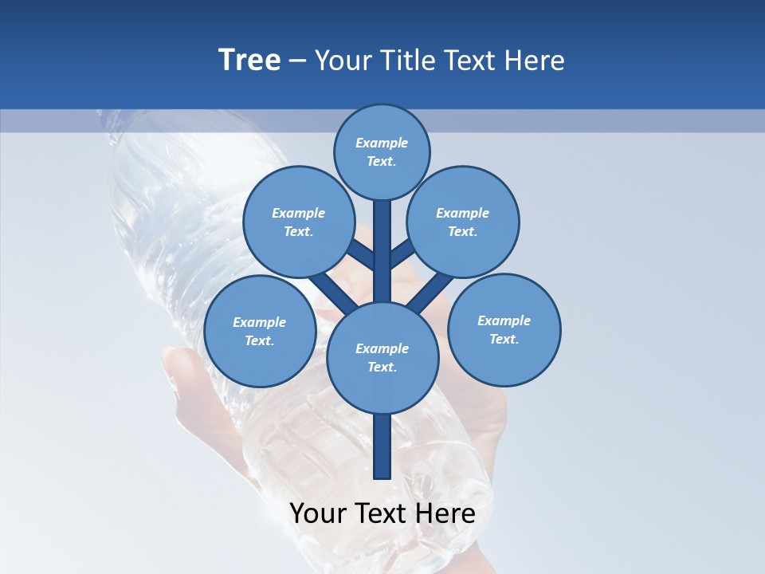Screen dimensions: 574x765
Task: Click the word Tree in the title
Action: click(x=249, y=60)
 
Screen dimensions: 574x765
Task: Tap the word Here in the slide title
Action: click(x=534, y=60)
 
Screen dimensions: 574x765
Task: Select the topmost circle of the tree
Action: click(x=382, y=151)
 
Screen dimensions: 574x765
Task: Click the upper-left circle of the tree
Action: click(x=298, y=222)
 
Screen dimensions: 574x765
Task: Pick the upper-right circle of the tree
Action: click(x=463, y=222)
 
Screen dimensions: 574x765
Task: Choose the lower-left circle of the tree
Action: click(x=260, y=331)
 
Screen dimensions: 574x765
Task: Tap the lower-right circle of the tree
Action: click(x=504, y=329)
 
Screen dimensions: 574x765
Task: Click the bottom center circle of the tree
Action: click(x=382, y=357)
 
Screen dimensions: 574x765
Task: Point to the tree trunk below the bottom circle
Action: click(x=382, y=446)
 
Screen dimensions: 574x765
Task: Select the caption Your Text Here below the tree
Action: click(x=382, y=513)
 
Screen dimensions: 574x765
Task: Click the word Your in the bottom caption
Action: click(x=319, y=513)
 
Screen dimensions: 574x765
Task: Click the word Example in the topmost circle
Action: click(x=382, y=143)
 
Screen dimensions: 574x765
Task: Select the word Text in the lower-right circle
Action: click(x=503, y=339)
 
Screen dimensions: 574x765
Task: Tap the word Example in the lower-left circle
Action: click(x=259, y=322)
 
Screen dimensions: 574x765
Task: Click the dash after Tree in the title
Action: click(x=298, y=60)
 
